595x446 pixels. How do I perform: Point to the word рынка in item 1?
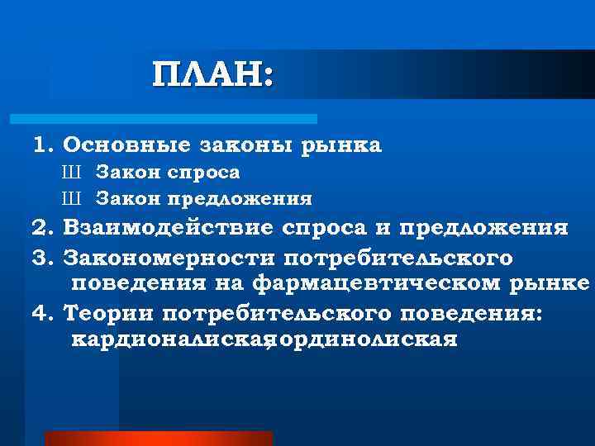tap(336, 146)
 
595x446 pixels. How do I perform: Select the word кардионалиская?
tap(169, 339)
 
